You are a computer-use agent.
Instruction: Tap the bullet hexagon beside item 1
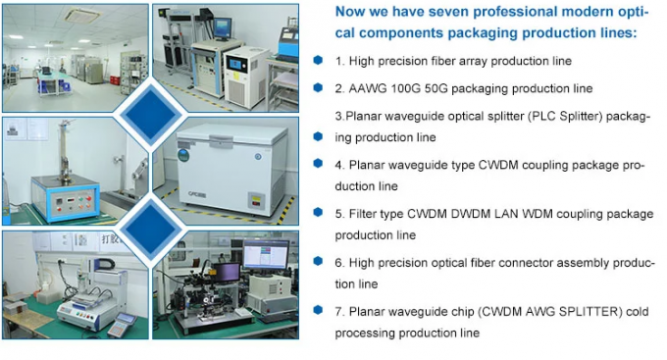(x=318, y=60)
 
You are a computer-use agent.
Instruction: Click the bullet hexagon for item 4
(x=318, y=164)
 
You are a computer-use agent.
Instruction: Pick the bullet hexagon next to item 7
(x=318, y=311)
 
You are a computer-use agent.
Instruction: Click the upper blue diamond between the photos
(x=151, y=115)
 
